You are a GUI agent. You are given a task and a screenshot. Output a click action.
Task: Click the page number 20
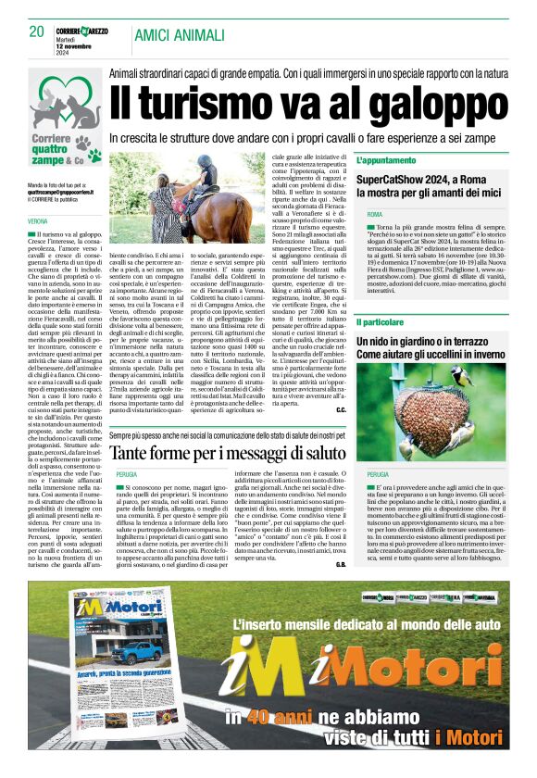pos(36,31)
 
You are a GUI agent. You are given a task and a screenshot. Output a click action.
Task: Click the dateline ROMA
pos(374,214)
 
